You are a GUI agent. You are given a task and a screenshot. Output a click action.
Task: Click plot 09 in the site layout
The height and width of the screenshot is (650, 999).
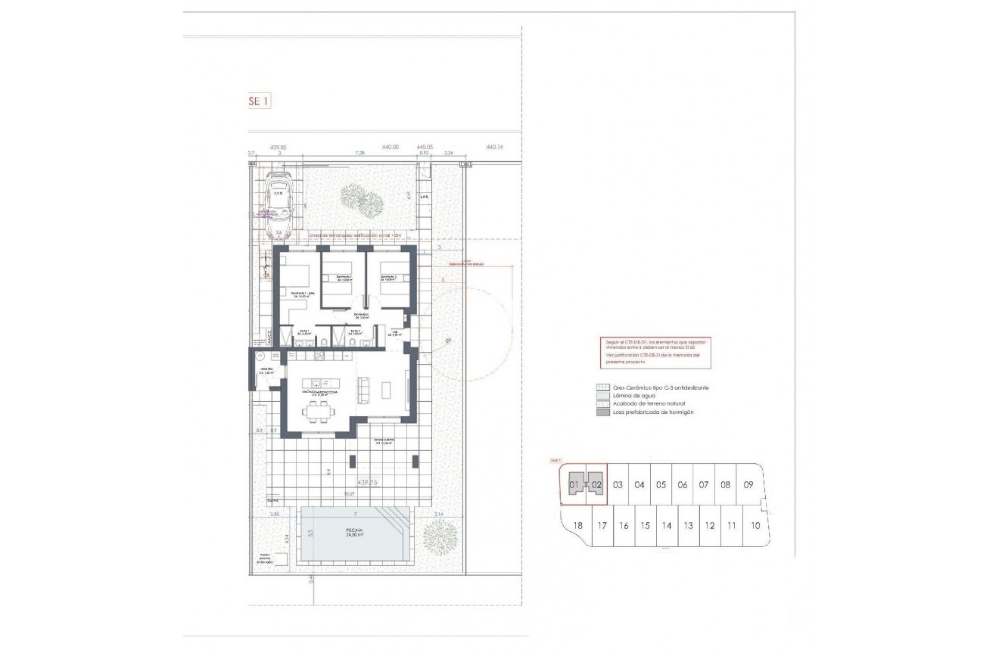click(748, 484)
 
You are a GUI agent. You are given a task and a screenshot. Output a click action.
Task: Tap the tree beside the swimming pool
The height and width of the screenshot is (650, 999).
click(440, 536)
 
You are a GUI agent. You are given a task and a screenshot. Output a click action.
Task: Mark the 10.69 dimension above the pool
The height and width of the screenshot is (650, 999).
click(349, 494)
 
